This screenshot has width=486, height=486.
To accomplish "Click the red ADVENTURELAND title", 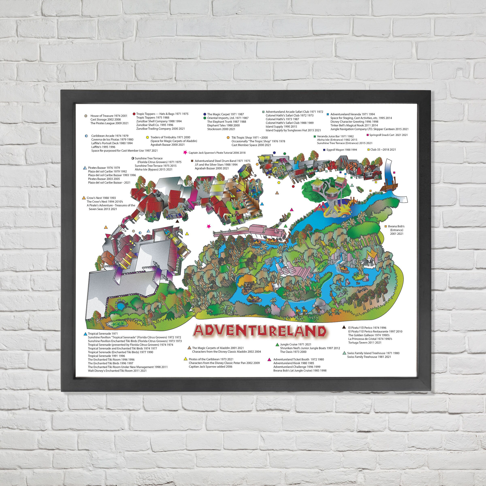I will click(x=260, y=331).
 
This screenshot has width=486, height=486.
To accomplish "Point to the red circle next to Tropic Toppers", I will click(x=134, y=114).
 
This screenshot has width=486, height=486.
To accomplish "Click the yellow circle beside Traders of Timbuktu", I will click(x=148, y=137).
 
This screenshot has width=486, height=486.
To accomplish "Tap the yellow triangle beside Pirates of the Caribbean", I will click(x=186, y=359).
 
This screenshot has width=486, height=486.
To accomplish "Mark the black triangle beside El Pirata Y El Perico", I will click(x=344, y=327).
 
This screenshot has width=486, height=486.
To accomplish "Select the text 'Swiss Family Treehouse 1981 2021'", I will click(x=369, y=357).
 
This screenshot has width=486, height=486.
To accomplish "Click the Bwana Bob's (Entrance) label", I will click(x=396, y=230).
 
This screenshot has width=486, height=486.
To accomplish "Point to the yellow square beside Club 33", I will click(x=369, y=150).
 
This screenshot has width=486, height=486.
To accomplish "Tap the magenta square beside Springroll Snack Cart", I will click(x=368, y=135).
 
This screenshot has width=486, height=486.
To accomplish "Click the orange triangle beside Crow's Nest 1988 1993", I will click(x=84, y=198).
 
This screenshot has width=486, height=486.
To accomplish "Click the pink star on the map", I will click(x=209, y=226).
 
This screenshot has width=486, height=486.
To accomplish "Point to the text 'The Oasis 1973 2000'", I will click(x=293, y=352).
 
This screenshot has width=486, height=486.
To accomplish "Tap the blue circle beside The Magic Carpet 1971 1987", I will click(x=205, y=114).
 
